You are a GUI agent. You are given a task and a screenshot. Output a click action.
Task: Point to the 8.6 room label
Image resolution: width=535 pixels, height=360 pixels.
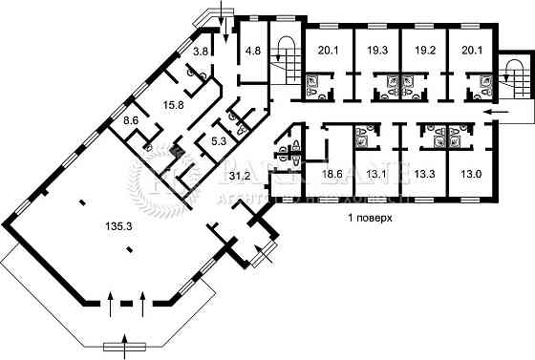(132, 120)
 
